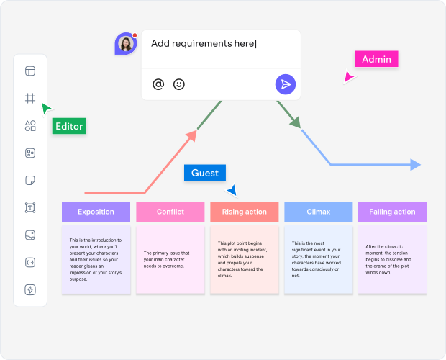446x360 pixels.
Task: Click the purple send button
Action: point(286,84)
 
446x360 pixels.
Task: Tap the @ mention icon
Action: point(158,84)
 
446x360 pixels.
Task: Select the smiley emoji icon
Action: point(179,84)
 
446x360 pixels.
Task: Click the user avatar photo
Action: point(126,44)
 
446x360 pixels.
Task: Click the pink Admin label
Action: point(376,59)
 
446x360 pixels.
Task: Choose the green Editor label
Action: point(69,126)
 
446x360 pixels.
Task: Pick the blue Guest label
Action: point(205,173)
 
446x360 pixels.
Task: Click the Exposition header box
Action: point(96,212)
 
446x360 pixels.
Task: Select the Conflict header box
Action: point(170,212)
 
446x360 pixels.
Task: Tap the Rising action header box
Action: point(245,212)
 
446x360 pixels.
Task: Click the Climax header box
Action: point(319,212)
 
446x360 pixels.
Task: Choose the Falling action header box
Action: point(392,212)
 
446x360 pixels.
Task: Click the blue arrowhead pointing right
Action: point(416,165)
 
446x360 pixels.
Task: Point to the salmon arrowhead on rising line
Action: point(192,135)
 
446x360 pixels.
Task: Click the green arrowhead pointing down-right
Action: point(295,123)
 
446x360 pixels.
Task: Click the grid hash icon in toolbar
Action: point(30,99)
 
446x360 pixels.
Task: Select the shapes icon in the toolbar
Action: point(30,126)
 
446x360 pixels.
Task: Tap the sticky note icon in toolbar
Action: point(30,181)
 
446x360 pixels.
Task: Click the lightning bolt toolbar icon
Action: point(30,290)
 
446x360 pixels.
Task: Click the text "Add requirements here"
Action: point(203,44)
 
